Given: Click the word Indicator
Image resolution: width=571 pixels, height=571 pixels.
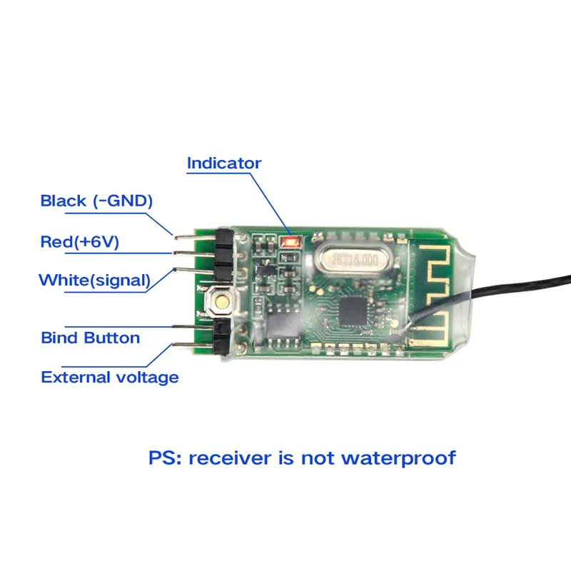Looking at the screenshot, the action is click(223, 163).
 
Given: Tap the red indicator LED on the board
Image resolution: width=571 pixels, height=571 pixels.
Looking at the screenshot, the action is click(290, 242).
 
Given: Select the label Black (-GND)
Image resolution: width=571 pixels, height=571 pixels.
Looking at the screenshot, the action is click(96, 201).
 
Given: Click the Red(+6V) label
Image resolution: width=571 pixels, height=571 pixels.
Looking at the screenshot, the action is click(79, 242).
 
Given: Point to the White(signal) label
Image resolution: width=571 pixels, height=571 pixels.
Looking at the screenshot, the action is click(94, 280).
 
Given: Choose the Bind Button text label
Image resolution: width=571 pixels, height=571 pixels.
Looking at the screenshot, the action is click(90, 338).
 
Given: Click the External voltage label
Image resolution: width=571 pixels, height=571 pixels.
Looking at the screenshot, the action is click(109, 377).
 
